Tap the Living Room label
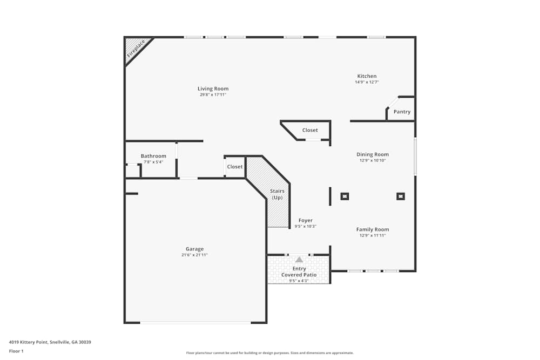(x=213, y=89)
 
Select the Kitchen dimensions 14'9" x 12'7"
(x=367, y=83)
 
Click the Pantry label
(x=402, y=112)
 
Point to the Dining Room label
(x=373, y=154)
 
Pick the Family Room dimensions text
(x=373, y=235)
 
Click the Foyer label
(x=305, y=220)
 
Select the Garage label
(x=194, y=249)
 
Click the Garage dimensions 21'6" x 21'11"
(x=194, y=255)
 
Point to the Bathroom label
(x=153, y=156)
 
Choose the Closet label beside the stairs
(x=235, y=167)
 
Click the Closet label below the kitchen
(x=310, y=130)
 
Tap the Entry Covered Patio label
(x=299, y=271)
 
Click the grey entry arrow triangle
(x=299, y=260)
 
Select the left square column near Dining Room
(x=345, y=196)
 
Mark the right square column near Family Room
(x=401, y=196)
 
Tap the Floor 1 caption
(x=16, y=351)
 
